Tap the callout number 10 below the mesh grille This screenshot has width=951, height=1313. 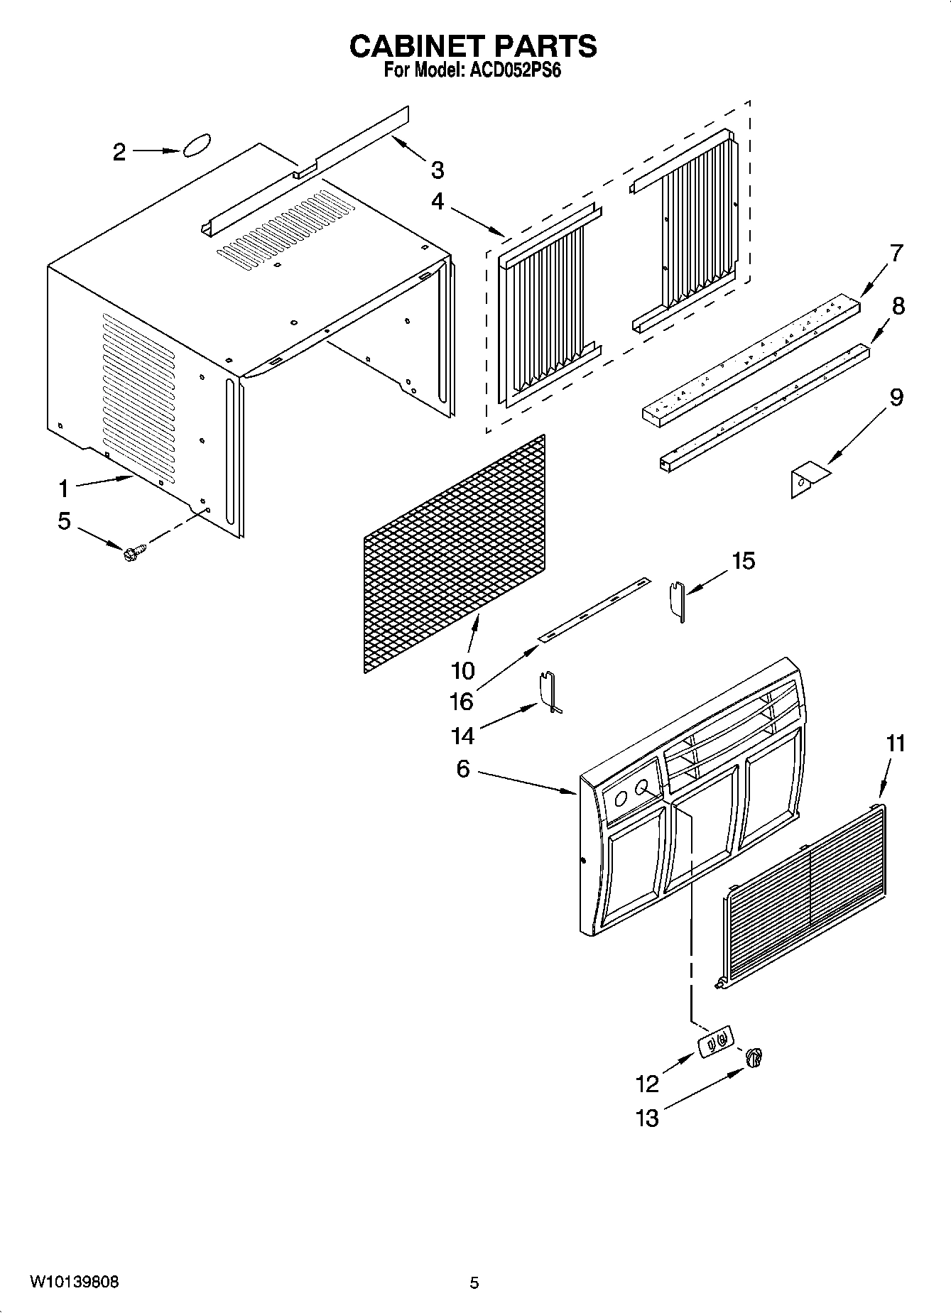pos(462,670)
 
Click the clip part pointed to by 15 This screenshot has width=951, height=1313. pos(678,599)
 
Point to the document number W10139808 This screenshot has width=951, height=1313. pos(75,1282)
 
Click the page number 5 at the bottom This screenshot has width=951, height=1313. pos(474,1282)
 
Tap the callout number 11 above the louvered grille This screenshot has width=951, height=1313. pos(896,743)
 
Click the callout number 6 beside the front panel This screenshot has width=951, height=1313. pos(463,768)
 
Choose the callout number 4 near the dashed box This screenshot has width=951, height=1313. pos(438,202)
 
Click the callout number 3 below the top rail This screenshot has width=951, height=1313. pos(438,170)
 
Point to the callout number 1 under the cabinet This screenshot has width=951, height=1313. pos(64,488)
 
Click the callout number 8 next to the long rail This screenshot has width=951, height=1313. pos(898,306)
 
